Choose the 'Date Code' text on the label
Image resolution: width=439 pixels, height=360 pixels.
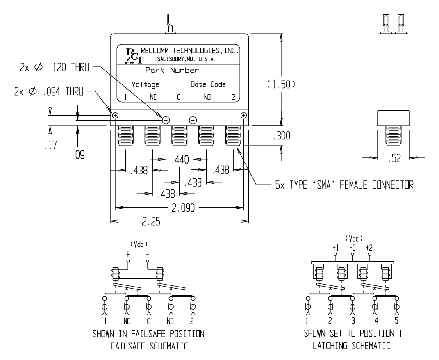(208, 84)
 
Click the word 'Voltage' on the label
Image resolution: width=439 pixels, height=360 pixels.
(145, 84)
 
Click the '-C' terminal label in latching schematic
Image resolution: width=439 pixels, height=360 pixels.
(352, 247)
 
